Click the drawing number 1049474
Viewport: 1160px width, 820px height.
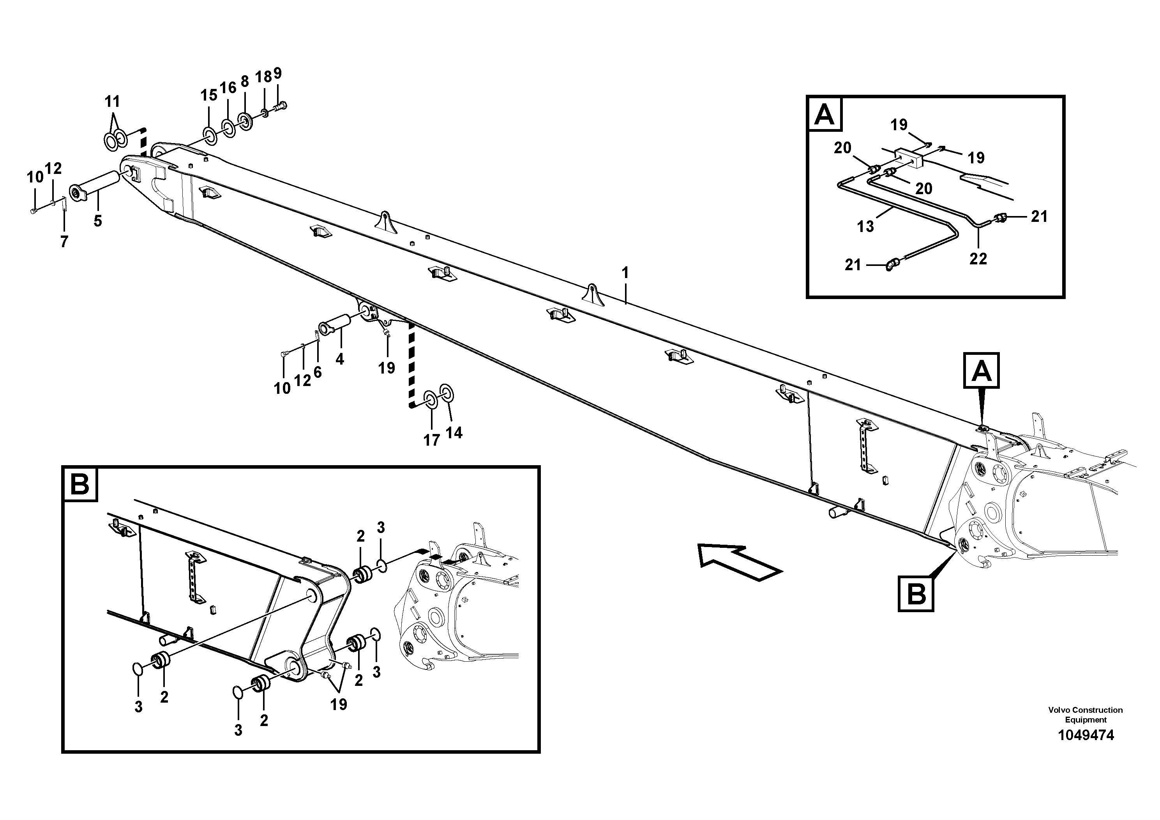coord(1085,735)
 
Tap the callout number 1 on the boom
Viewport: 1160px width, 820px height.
coord(625,273)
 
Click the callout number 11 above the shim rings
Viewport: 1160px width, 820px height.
coord(112,102)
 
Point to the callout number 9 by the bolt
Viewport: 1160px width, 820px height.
coord(277,73)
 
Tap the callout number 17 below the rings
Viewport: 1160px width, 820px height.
coord(431,440)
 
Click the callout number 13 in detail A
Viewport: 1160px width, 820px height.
coord(865,226)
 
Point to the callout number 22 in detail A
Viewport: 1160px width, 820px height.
coord(978,259)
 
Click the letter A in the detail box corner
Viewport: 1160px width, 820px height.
coord(825,114)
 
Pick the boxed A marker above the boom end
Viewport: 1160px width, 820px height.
coord(981,371)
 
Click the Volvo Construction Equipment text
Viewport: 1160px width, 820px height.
coord(1085,715)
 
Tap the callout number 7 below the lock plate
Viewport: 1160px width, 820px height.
coord(64,242)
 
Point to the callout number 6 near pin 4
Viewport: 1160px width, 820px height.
coord(317,372)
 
